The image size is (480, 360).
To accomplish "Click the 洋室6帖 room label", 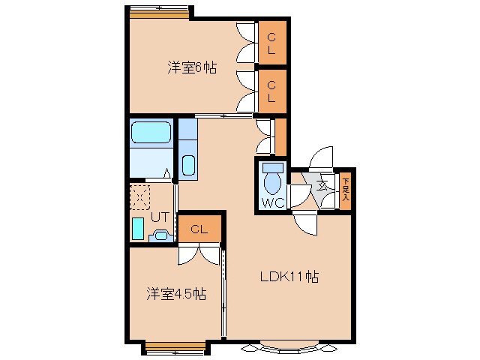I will point(192,67).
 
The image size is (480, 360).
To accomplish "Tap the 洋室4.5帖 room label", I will point(176,294).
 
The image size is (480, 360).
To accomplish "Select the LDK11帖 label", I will point(289,276).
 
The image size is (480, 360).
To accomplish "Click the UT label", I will point(160,217).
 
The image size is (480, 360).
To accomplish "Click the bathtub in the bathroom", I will point(152,133).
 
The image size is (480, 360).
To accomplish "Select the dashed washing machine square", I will point(140,197).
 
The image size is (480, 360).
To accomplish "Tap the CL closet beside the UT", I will point(199,229).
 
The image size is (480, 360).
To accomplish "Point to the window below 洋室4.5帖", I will point(174,346).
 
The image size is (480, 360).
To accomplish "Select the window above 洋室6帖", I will point(158,10).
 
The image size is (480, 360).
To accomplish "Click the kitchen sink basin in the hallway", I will point(188,165).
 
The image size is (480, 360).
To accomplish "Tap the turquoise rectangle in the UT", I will point(138,228).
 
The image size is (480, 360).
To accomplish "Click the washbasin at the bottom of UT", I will point(160,236).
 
